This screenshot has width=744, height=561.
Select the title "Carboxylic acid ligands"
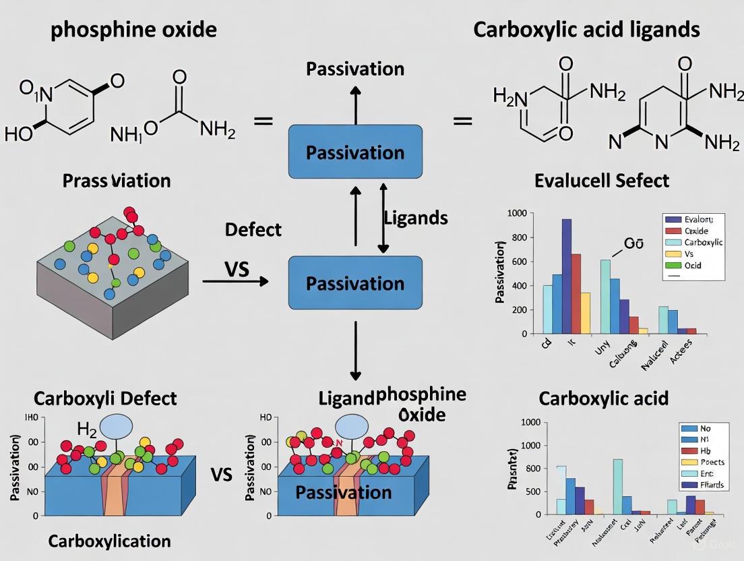coord(586,30)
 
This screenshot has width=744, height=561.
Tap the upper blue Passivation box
coord(355,152)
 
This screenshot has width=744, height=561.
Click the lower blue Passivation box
coord(355,283)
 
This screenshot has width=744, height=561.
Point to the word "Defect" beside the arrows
coord(253,230)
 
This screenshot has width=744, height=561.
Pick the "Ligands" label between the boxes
coord(416,218)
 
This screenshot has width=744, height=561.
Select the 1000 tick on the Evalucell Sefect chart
coord(515,214)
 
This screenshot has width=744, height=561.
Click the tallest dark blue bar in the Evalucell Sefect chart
coord(567,276)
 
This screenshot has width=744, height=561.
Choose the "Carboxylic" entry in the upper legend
coord(703,242)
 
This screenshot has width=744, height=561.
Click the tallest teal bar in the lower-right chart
coord(617,486)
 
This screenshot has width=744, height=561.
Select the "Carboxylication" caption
coord(110,541)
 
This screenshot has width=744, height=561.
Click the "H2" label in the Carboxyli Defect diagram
coord(87,428)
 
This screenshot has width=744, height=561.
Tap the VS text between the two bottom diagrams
coord(221,475)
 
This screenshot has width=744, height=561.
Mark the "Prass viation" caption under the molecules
coord(117,181)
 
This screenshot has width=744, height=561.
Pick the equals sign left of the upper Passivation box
coord(263,121)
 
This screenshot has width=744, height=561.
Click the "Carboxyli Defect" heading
coord(105,398)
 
